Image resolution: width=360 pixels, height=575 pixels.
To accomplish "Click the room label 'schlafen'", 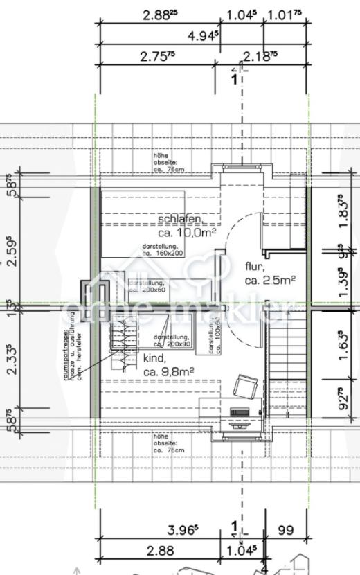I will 181,220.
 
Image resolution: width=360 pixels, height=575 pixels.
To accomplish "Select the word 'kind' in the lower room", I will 154,359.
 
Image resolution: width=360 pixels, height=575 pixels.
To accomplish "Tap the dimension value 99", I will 285,531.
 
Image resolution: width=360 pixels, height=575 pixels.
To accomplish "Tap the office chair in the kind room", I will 245,385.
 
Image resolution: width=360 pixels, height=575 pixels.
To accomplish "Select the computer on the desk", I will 240,415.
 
